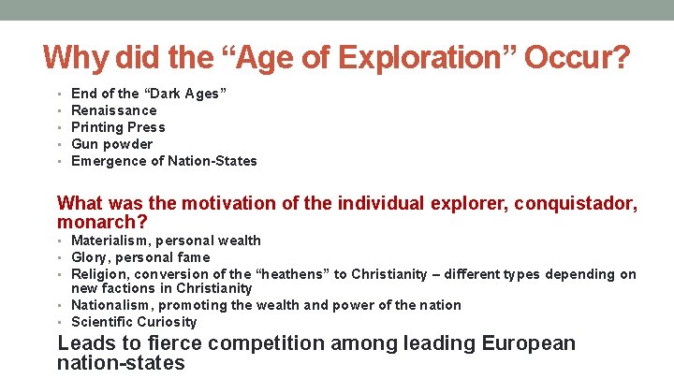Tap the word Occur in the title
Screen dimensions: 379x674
click(x=576, y=58)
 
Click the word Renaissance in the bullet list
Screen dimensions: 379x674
click(x=114, y=110)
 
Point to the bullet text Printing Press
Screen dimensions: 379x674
click(x=118, y=127)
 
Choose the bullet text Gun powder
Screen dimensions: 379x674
click(x=111, y=144)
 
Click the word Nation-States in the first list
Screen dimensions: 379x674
click(x=212, y=161)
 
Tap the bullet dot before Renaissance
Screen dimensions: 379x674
click(x=60, y=110)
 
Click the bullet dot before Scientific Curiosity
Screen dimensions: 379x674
click(x=60, y=322)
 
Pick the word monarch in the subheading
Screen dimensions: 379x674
click(x=98, y=223)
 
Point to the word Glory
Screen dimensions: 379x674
click(x=90, y=257)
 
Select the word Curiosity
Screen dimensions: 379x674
click(x=165, y=322)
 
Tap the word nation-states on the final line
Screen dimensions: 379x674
click(x=121, y=363)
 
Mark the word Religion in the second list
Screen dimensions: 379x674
click(x=100, y=274)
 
